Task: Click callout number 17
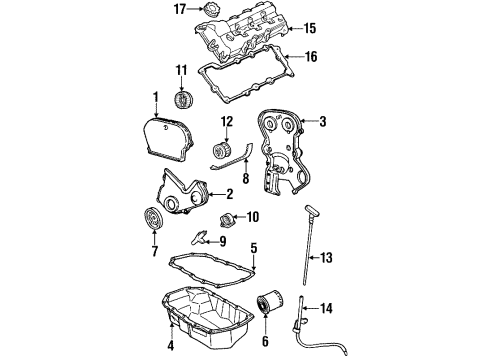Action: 179,11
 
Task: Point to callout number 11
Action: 181,70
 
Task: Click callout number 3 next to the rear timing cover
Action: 323,122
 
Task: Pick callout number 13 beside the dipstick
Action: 326,258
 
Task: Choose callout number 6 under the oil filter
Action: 265,341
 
